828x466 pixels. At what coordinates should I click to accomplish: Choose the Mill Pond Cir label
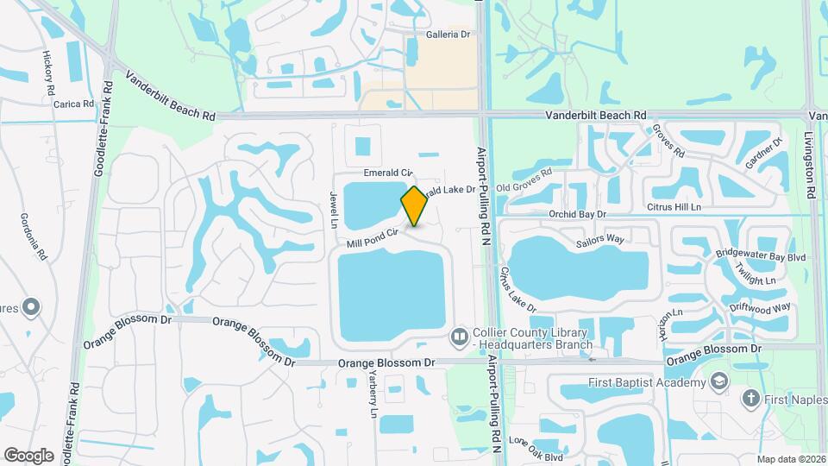372,237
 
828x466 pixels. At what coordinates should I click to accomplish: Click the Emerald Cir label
389,173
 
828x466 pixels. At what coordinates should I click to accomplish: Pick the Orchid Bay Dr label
578,213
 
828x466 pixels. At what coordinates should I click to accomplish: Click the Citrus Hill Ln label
674,207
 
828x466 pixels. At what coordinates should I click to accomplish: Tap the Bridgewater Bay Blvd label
749,256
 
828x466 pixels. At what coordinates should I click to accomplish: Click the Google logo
29,455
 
